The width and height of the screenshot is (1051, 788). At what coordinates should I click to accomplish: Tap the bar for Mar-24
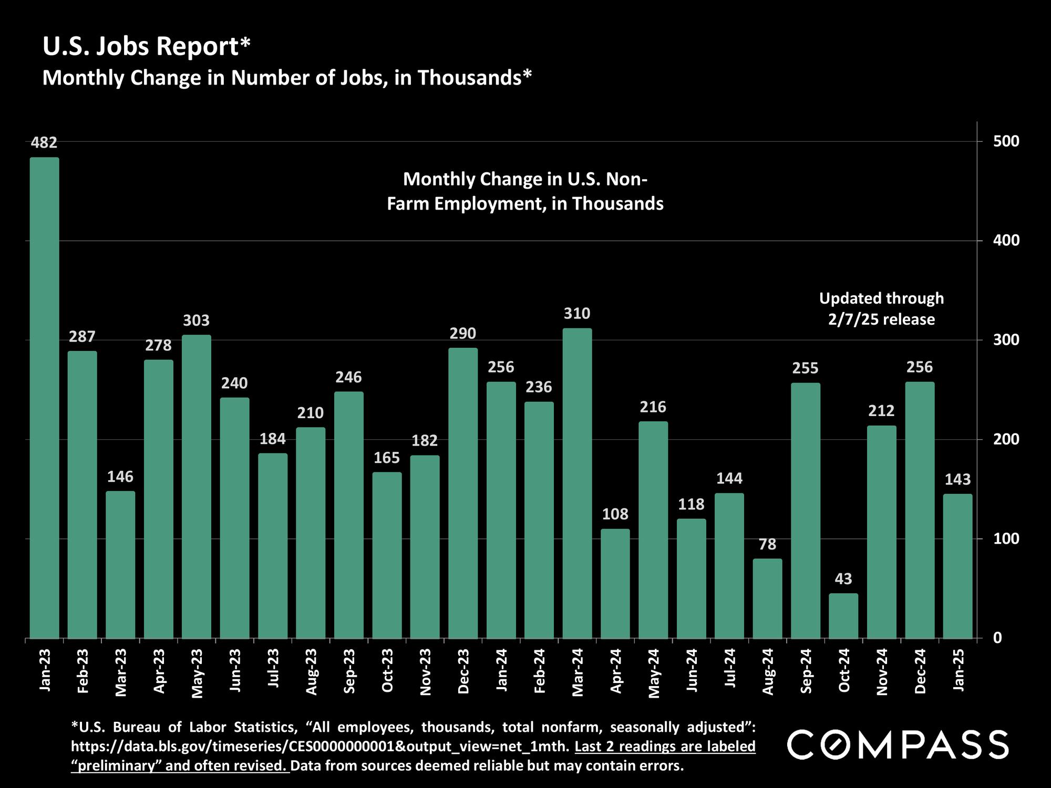click(577, 483)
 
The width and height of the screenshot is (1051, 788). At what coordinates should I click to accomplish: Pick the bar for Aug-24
click(767, 598)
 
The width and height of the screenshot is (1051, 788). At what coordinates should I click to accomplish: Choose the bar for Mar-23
click(120, 565)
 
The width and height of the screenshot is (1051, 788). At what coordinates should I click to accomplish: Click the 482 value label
click(44, 142)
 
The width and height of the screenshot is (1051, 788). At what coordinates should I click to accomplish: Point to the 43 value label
click(843, 579)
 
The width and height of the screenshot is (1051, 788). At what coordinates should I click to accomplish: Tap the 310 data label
click(577, 314)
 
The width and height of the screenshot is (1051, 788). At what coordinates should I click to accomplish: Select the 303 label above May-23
click(197, 320)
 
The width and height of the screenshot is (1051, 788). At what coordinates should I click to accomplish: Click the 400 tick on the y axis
click(1005, 241)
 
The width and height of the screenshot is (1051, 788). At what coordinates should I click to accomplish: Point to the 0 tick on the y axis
click(997, 638)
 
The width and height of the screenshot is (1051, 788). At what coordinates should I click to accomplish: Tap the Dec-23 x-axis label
click(463, 671)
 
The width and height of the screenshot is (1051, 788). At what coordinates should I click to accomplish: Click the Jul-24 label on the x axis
click(730, 668)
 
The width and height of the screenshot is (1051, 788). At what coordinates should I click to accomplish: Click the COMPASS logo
click(898, 744)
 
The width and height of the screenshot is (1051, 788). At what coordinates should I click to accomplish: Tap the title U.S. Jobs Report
click(146, 46)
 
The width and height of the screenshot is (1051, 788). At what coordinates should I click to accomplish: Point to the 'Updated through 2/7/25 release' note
click(881, 309)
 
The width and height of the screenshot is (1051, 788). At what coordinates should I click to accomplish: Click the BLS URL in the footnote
click(320, 746)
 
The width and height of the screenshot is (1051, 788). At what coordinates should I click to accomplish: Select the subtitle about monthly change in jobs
click(287, 78)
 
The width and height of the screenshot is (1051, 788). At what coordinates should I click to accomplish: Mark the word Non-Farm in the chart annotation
click(525, 192)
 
